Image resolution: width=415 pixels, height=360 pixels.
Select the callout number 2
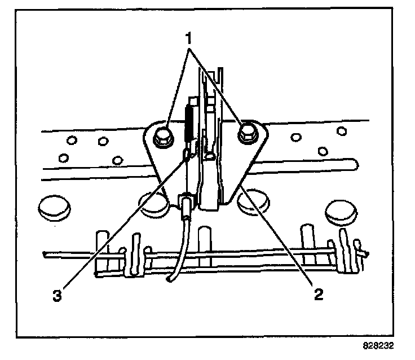coord(319,294)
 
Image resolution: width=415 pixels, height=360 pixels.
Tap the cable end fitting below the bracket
coord(186,207)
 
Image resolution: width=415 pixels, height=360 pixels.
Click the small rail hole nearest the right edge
coord(341,131)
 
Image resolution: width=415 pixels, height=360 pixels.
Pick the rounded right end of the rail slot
coord(354,165)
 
